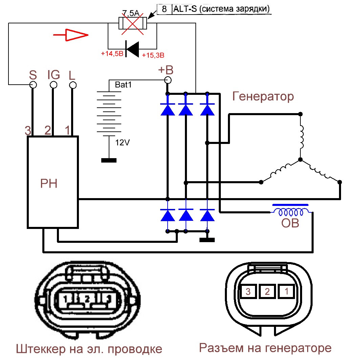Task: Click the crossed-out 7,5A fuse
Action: (x=132, y=23)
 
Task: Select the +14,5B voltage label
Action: (x=112, y=54)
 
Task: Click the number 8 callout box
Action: (x=165, y=9)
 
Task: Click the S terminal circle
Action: (x=33, y=84)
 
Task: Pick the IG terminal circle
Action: (x=53, y=84)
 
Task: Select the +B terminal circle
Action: (x=167, y=80)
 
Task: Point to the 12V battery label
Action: (x=123, y=143)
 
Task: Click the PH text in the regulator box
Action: (x=49, y=184)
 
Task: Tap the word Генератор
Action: (x=263, y=97)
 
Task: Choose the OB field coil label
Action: (x=290, y=224)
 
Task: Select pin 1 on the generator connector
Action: (x=287, y=291)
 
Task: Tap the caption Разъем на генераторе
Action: (x=265, y=348)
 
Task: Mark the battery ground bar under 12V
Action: (x=109, y=160)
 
